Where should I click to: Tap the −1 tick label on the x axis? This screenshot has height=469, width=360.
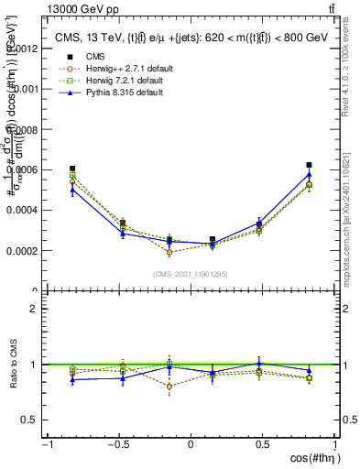click(46, 446)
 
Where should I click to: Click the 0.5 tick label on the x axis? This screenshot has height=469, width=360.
click(262, 446)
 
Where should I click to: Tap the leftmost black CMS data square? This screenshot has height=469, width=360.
click(72, 169)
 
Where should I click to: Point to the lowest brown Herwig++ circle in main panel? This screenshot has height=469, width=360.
click(169, 252)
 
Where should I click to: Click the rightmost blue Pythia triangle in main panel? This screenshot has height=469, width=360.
click(309, 174)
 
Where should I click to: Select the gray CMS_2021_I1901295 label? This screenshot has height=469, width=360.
click(191, 274)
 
